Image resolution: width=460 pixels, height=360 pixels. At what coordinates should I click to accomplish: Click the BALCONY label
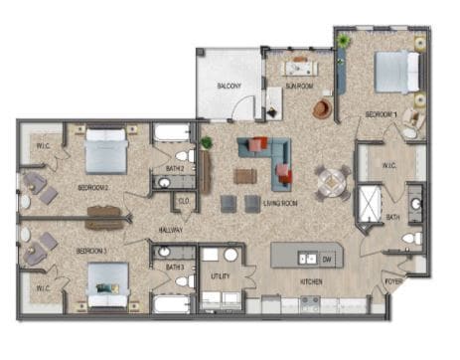230,87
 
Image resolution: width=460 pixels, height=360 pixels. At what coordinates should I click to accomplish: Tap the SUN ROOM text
299,87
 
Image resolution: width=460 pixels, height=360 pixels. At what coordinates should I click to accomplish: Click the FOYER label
394,282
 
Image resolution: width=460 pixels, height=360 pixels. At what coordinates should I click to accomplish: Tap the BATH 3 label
175,268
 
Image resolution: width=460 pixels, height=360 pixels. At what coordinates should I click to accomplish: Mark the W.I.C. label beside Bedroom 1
391,165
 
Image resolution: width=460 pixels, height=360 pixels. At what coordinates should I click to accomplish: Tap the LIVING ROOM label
280,203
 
